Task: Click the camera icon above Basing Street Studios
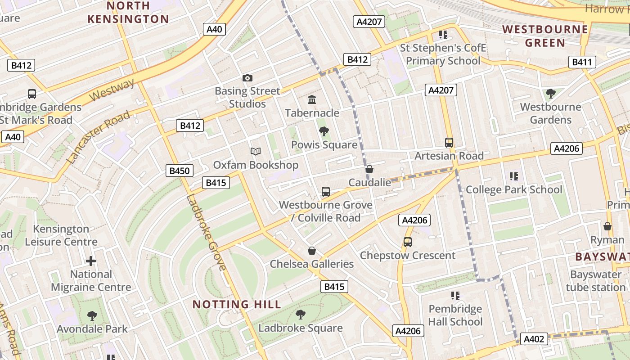[247, 78]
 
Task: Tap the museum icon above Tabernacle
[312, 99]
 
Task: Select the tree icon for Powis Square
[324, 131]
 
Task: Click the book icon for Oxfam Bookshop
[255, 152]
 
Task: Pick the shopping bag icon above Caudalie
[369, 169]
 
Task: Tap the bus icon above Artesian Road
[449, 143]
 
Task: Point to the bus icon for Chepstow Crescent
[407, 242]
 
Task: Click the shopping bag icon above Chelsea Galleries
[311, 251]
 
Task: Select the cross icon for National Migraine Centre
[91, 261]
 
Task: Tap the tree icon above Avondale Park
[92, 316]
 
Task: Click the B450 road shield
[180, 171]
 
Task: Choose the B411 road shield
[581, 62]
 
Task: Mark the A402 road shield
[534, 339]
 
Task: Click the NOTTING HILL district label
[237, 304]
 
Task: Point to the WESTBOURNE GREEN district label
[545, 36]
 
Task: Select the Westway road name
[112, 90]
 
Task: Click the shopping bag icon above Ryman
[607, 226]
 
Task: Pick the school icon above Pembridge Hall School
[455, 296]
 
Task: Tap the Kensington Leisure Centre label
[61, 235]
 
